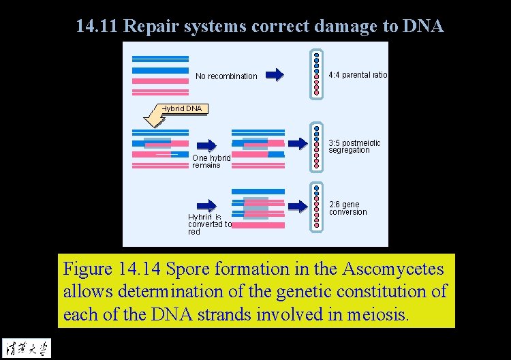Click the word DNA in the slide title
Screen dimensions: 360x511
click(x=423, y=27)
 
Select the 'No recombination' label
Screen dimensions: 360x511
click(x=226, y=76)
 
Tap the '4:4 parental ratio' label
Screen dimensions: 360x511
click(x=358, y=75)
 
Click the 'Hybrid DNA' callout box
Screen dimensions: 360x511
click(x=182, y=108)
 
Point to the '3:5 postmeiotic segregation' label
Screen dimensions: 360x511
click(x=354, y=147)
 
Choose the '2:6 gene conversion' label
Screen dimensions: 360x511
click(x=348, y=208)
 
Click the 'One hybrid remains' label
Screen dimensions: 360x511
click(x=211, y=161)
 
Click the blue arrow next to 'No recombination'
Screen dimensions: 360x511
click(x=275, y=75)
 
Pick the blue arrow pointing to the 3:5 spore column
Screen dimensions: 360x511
click(x=297, y=143)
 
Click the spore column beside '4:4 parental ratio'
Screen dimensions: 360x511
click(x=316, y=73)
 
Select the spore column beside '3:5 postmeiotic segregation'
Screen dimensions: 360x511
click(x=316, y=146)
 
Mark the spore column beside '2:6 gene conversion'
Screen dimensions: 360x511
click(x=316, y=206)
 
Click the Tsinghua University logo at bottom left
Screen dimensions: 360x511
click(x=26, y=347)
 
